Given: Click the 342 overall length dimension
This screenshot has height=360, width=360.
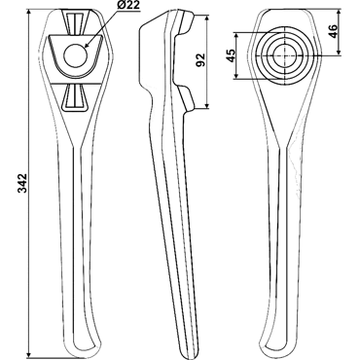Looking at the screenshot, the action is pos(23,183).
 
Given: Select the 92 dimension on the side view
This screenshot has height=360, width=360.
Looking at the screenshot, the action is pos(201,59).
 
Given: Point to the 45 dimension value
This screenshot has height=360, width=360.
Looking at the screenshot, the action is pos(231,55).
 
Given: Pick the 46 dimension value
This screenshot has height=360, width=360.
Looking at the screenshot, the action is pos(333,31).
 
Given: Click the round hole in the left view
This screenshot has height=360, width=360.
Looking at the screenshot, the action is pos(76,55).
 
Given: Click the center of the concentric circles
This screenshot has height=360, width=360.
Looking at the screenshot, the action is pos(284,55).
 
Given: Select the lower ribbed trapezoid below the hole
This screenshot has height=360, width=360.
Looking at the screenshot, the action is pos(75,97).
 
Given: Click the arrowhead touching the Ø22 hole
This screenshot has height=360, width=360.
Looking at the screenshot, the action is pos(87,45).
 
